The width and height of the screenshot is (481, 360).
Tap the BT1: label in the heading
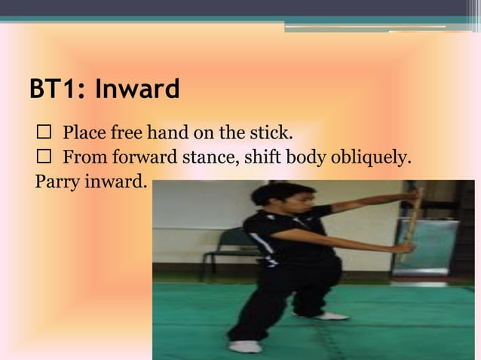click(59, 90)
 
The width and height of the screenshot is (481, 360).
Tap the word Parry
click(56, 182)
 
